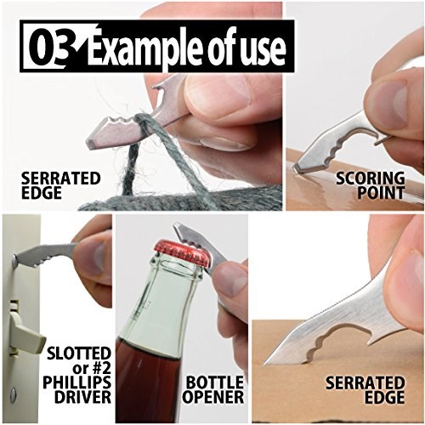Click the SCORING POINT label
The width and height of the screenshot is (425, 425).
tap(371, 185)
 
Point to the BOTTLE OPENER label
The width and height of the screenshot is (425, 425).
tap(212, 389)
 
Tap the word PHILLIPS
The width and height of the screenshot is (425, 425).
tap(76, 382)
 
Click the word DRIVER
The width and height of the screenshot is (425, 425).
tap(82, 397)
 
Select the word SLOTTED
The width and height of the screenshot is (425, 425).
tap(78, 354)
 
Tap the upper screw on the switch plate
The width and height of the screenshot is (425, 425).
tap(14, 258)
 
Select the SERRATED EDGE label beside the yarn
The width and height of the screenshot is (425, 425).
tap(61, 185)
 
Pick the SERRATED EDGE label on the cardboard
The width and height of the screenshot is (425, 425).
tap(365, 390)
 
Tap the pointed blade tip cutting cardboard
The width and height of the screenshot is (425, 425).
tap(265, 362)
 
